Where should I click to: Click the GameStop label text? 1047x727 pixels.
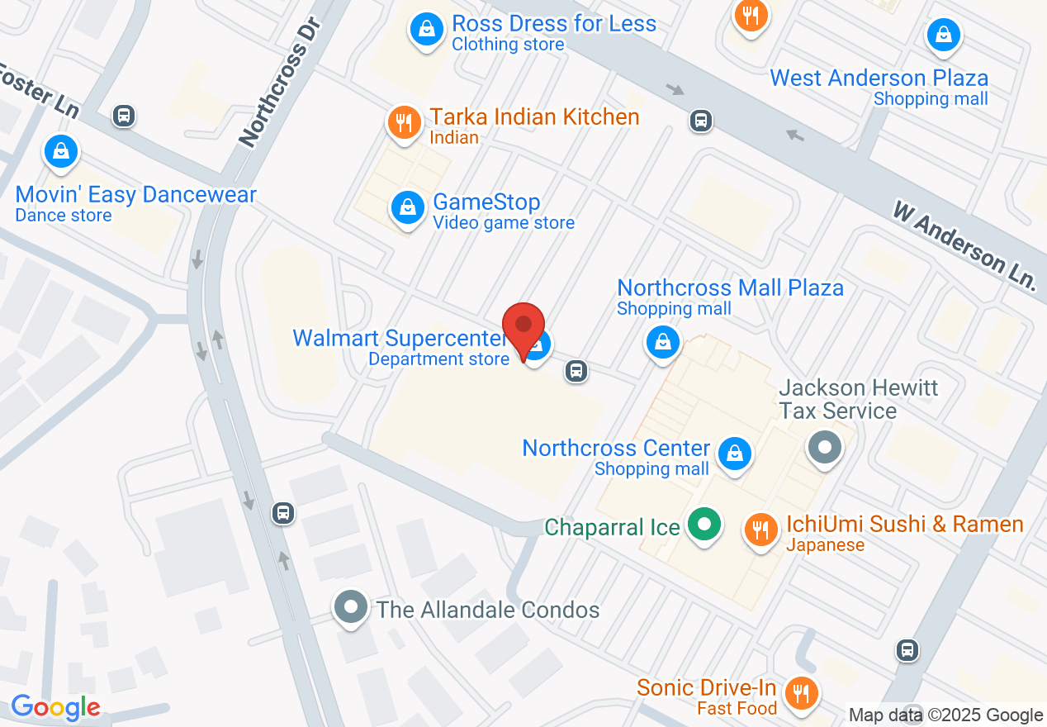pyautogui.click(x=486, y=202)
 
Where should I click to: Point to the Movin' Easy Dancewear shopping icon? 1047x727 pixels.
pyautogui.click(x=61, y=151)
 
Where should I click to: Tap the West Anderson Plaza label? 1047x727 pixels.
pyautogui.click(x=879, y=78)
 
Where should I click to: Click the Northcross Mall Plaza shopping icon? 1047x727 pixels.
pyautogui.click(x=661, y=340)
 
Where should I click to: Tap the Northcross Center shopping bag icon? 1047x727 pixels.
pyautogui.click(x=733, y=453)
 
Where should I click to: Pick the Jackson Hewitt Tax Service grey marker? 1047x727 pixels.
pyautogui.click(x=824, y=449)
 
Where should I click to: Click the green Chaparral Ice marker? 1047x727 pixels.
pyautogui.click(x=704, y=524)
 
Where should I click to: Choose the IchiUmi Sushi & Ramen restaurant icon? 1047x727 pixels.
pyautogui.click(x=760, y=529)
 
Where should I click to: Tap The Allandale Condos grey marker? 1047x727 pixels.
pyautogui.click(x=351, y=607)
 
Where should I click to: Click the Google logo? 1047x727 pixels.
pyautogui.click(x=55, y=708)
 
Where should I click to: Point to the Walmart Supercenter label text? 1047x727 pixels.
pyautogui.click(x=400, y=339)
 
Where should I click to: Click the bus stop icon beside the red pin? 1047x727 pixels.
pyautogui.click(x=576, y=371)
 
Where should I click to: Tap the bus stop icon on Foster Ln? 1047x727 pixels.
pyautogui.click(x=124, y=116)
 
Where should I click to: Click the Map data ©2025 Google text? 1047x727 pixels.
pyautogui.click(x=946, y=715)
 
